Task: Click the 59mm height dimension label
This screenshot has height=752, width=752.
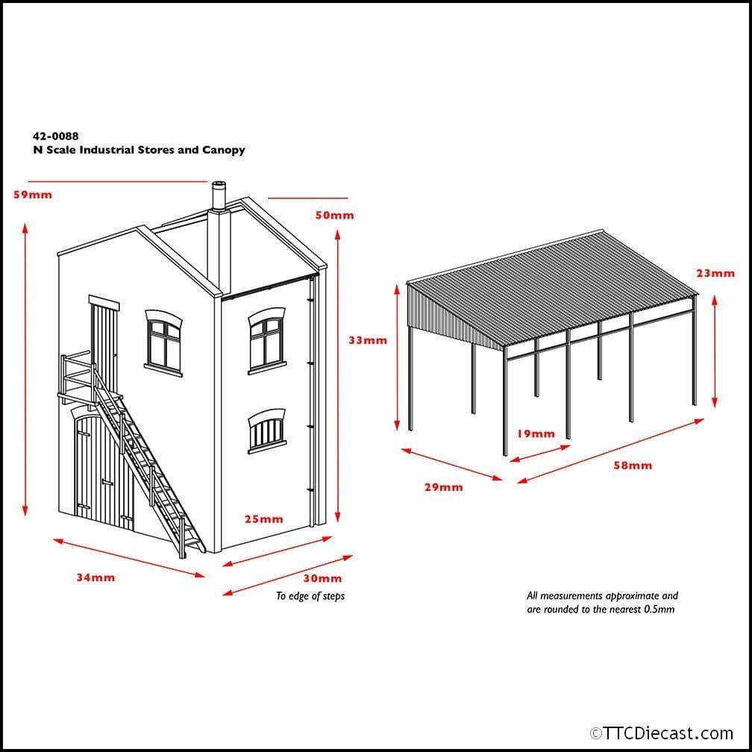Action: tap(33, 195)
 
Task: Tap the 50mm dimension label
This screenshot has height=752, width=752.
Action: tap(335, 216)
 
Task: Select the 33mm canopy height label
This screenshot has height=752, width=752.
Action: tap(368, 340)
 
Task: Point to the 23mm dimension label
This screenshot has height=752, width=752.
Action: tap(715, 273)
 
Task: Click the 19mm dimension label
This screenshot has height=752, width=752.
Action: tap(536, 434)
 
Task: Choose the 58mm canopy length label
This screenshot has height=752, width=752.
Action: tap(633, 466)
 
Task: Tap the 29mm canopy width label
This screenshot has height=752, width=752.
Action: tap(444, 487)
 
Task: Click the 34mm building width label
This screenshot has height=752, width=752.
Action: tap(96, 577)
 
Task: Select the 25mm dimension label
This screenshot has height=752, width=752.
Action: tap(264, 519)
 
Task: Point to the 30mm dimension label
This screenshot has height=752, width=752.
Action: tap(323, 578)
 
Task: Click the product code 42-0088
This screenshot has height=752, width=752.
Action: tap(56, 137)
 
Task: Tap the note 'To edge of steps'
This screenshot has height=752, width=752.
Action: tap(310, 596)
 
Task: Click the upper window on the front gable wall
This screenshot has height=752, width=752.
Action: tap(164, 342)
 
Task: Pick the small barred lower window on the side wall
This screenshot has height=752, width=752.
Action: tap(267, 430)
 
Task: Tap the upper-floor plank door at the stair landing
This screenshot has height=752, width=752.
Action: tap(104, 344)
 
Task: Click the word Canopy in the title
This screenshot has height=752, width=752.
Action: tap(224, 150)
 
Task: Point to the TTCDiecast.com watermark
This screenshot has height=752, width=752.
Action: tap(662, 733)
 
